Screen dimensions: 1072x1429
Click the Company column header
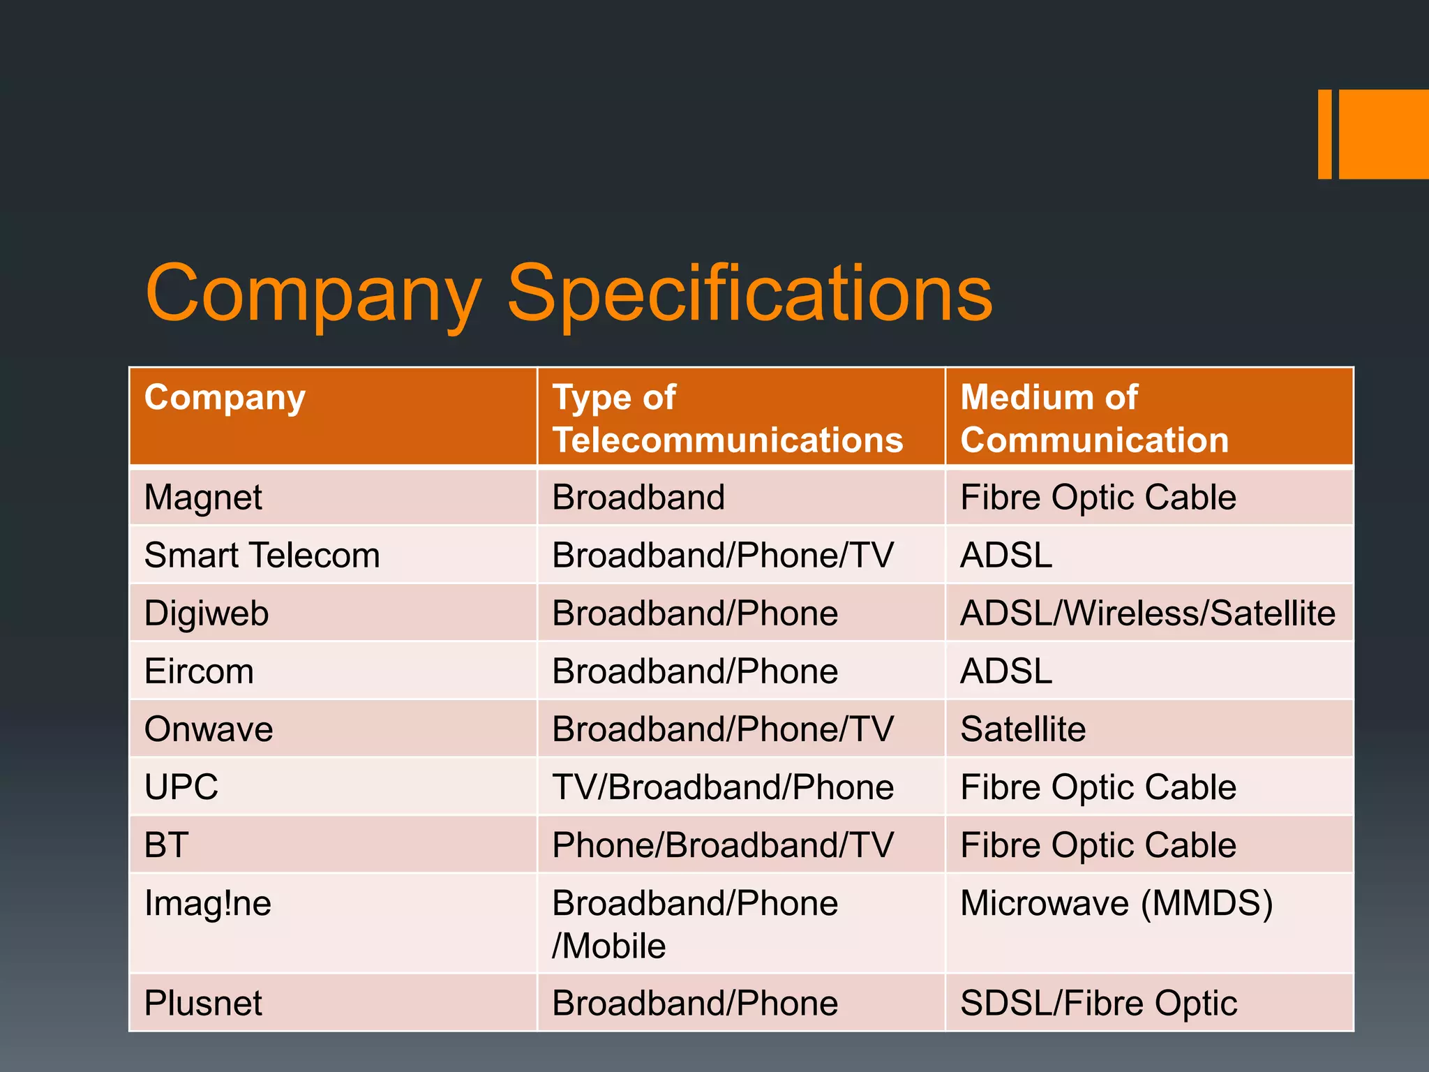pos(225,398)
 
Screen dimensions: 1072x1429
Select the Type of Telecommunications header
pos(727,419)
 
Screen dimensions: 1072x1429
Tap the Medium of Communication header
pos(1093,419)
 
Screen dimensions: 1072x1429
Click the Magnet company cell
pos(203,498)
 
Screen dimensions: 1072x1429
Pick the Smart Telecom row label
pos(262,556)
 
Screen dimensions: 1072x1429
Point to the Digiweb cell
pos(207,613)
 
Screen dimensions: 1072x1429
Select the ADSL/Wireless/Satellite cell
pos(1147,613)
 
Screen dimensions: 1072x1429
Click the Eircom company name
pos(199,671)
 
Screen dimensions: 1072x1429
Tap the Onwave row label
pos(209,729)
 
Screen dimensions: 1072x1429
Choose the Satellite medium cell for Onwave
pos(1023,729)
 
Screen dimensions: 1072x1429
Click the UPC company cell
pos(181,787)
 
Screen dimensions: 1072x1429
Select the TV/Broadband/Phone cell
pos(723,787)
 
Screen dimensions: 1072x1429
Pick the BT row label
pos(167,845)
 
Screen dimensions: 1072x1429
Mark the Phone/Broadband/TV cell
pos(723,845)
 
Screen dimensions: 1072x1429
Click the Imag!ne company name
pos(208,903)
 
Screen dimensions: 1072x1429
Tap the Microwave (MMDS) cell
pos(1116,903)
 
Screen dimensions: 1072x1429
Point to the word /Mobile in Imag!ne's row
pos(609,946)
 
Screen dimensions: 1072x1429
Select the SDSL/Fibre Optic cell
pos(1098,1004)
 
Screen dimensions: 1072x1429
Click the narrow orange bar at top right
pos(1324,134)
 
